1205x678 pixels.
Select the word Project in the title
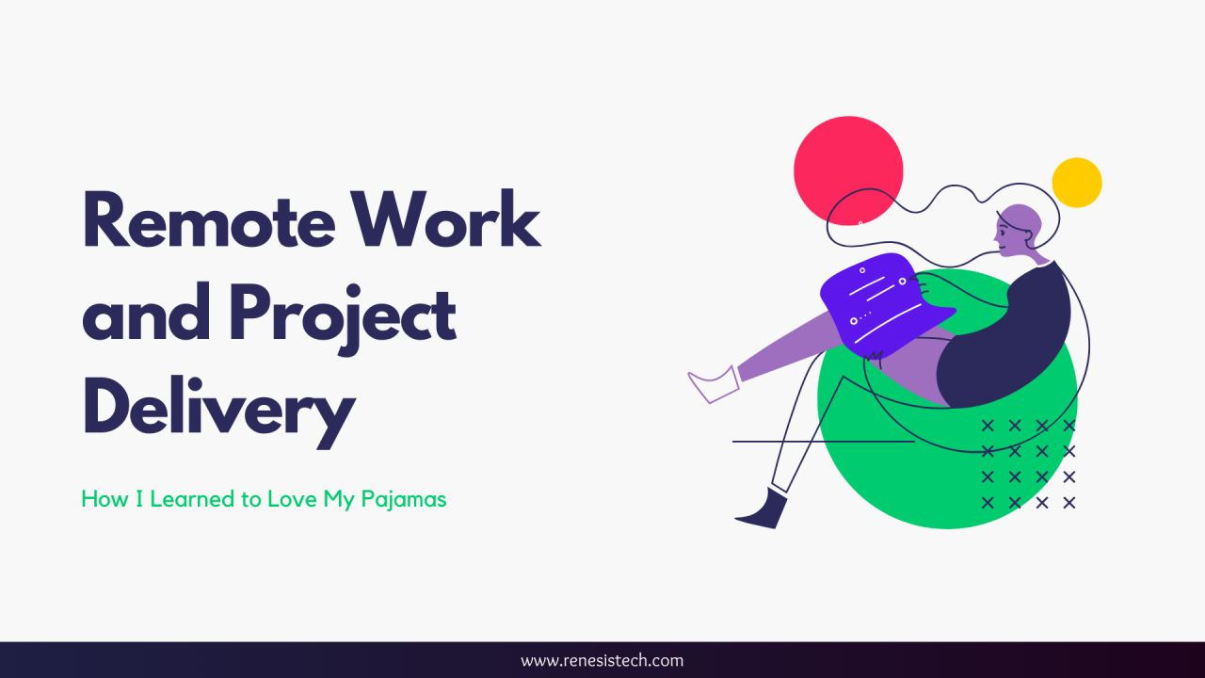(343, 315)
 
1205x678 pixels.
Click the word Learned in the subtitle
(194, 499)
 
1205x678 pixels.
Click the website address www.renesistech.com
(602, 660)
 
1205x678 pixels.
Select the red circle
(848, 170)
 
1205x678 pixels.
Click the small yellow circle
(1077, 183)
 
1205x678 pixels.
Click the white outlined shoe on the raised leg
(715, 383)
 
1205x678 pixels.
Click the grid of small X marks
(1028, 464)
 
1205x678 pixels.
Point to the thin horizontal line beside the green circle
(823, 441)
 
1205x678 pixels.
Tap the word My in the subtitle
(339, 499)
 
